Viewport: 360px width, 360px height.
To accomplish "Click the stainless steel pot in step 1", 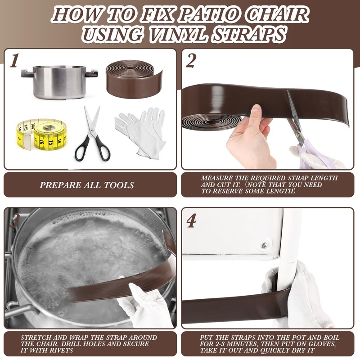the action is coord(59,82).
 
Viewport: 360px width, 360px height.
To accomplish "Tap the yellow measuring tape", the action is coord(41,134).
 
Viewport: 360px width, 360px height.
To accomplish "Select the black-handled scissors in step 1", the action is coord(92,133).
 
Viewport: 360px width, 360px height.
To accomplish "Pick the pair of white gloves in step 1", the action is coord(140,133).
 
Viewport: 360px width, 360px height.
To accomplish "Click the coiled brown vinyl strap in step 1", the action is coord(134,79).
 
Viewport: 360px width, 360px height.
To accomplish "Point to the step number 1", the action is coord(14,61).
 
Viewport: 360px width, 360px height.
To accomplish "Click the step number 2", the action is coord(191,61).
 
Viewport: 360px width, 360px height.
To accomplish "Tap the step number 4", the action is coord(191,220).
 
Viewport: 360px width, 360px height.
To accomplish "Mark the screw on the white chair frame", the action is coord(264,246).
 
